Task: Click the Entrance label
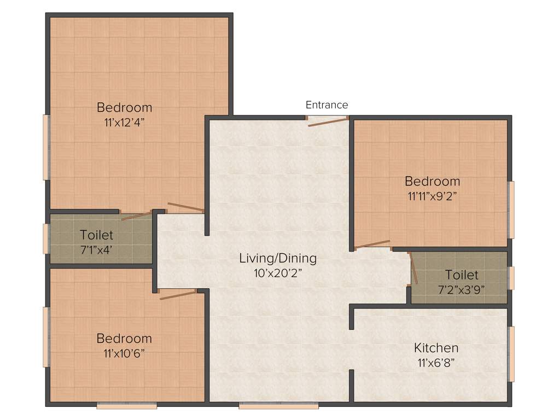click(x=326, y=105)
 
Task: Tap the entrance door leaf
click(x=328, y=121)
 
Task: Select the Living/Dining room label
click(x=278, y=258)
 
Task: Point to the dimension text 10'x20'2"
click(x=278, y=273)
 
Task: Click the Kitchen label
click(x=436, y=348)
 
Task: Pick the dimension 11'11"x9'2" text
click(x=432, y=196)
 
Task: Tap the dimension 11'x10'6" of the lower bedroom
click(x=124, y=353)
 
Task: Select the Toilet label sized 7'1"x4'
click(x=96, y=235)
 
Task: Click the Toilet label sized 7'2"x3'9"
click(x=461, y=275)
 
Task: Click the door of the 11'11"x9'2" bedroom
click(x=373, y=244)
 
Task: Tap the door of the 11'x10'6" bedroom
click(x=177, y=295)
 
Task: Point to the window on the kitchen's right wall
click(x=511, y=354)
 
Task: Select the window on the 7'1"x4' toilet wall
click(x=46, y=238)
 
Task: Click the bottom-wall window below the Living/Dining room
click(x=278, y=406)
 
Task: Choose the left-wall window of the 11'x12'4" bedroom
click(x=46, y=147)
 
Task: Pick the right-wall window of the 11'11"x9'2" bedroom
click(x=511, y=210)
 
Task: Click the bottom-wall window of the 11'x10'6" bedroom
click(x=127, y=406)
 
